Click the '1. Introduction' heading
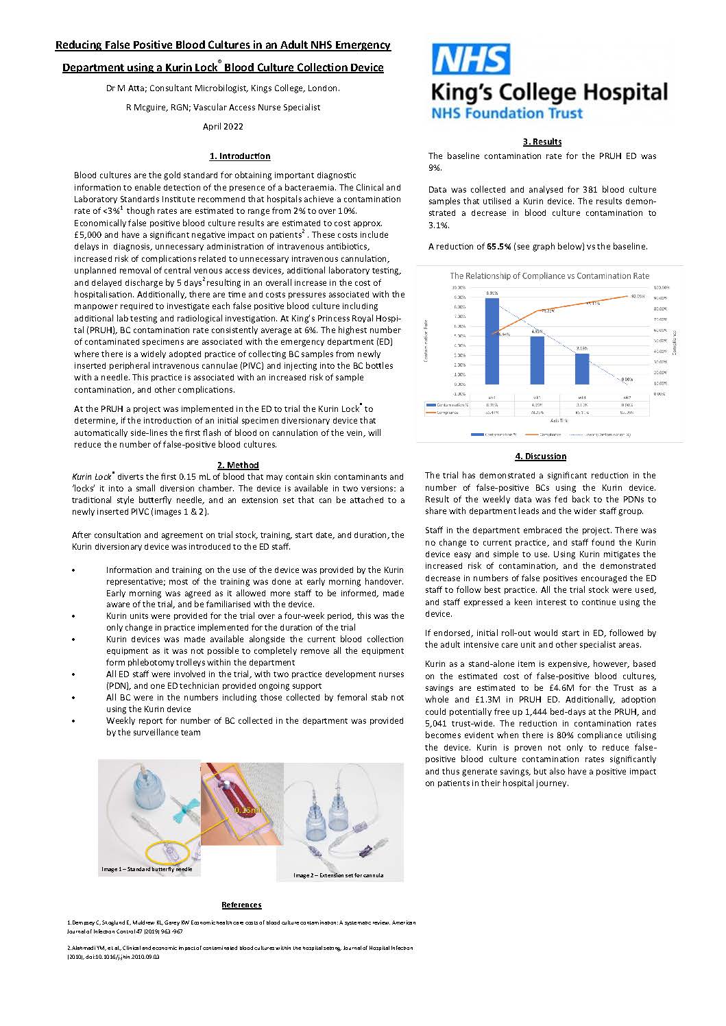(x=240, y=156)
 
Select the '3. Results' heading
(x=542, y=142)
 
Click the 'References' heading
(x=241, y=905)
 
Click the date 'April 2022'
(x=223, y=126)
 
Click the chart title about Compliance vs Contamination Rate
(x=549, y=276)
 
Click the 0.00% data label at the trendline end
(x=627, y=379)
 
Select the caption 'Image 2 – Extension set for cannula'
(x=339, y=875)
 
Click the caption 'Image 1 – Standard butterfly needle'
(x=147, y=869)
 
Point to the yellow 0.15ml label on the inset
(x=248, y=810)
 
